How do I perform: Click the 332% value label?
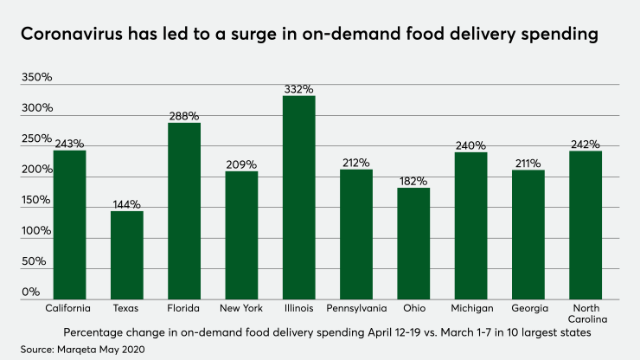click(x=298, y=88)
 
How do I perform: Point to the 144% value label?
click(x=126, y=203)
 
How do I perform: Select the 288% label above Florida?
click(x=184, y=115)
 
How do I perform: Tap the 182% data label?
click(x=413, y=180)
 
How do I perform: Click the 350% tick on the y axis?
click(x=37, y=77)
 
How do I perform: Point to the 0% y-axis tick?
click(x=31, y=292)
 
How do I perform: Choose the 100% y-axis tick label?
click(x=37, y=231)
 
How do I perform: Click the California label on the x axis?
click(x=68, y=308)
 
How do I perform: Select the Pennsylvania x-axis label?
click(x=355, y=308)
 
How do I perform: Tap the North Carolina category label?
click(x=585, y=314)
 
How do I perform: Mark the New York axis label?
click(x=241, y=308)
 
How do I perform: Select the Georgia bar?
click(x=528, y=235)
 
